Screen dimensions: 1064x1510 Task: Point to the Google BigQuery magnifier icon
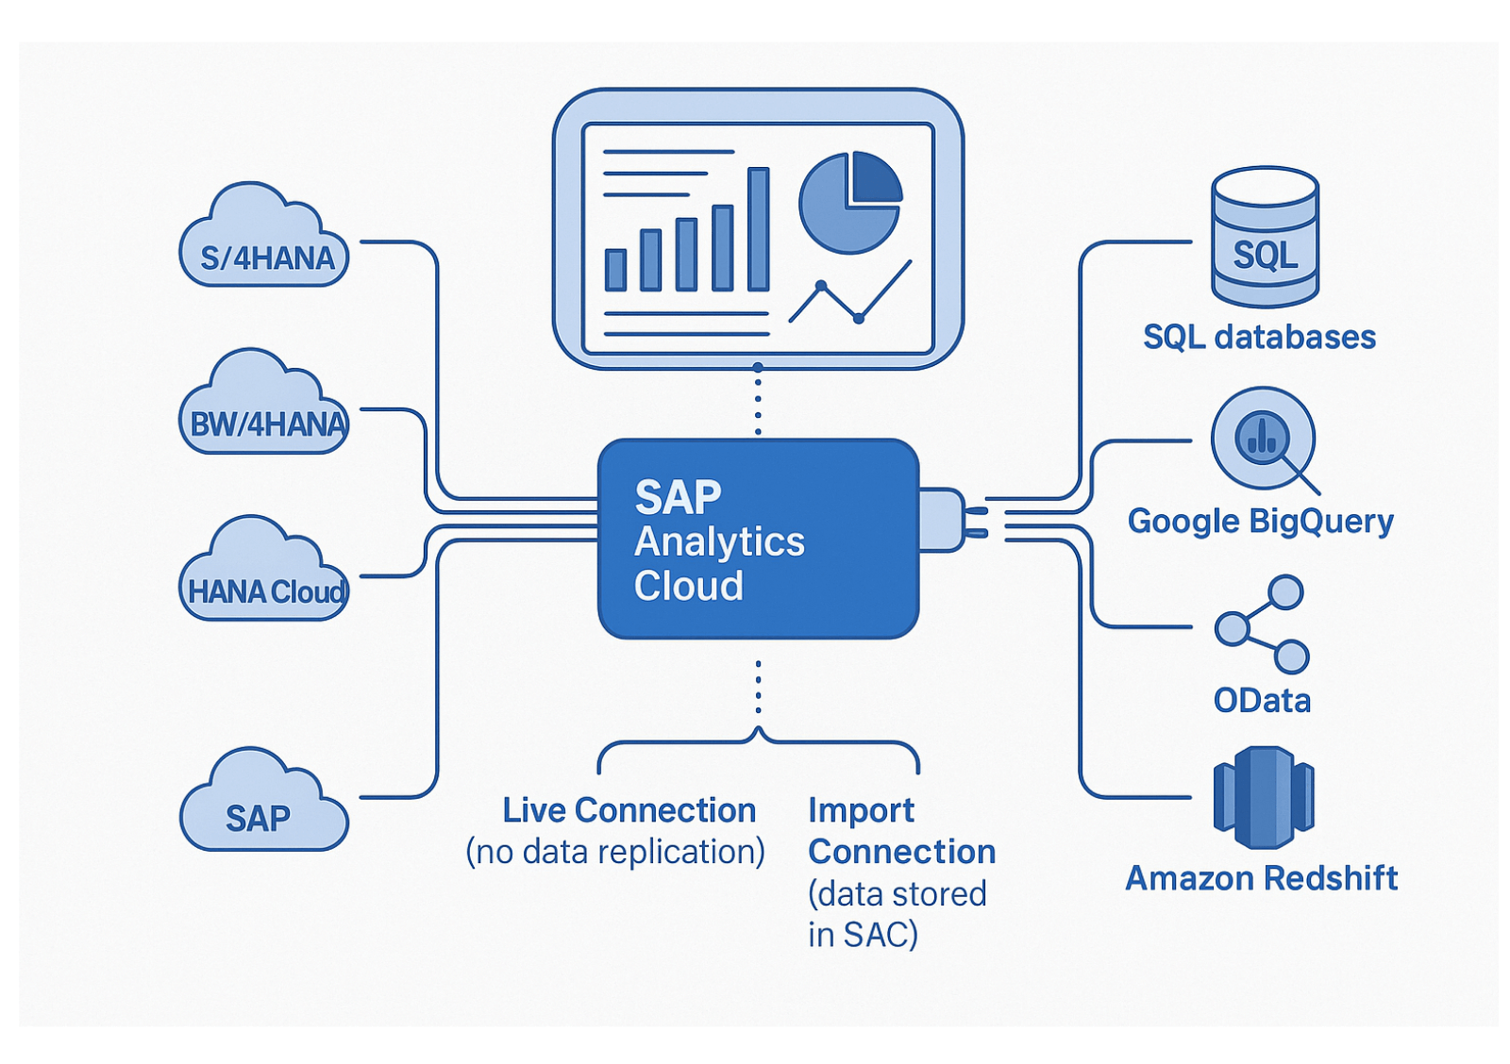[1264, 440]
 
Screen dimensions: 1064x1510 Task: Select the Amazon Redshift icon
[1263, 797]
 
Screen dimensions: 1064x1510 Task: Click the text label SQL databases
[1259, 337]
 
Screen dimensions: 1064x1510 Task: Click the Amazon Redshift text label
[1261, 878]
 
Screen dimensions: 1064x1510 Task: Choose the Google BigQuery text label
[1260, 521]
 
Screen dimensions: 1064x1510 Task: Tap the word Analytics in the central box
[719, 541]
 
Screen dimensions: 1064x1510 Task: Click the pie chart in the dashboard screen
[849, 203]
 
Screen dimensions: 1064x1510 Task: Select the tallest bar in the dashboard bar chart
[758, 229]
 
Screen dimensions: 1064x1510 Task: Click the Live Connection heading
[629, 810]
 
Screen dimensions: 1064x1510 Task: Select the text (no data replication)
[615, 852]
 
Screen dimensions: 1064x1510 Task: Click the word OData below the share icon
[1262, 701]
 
